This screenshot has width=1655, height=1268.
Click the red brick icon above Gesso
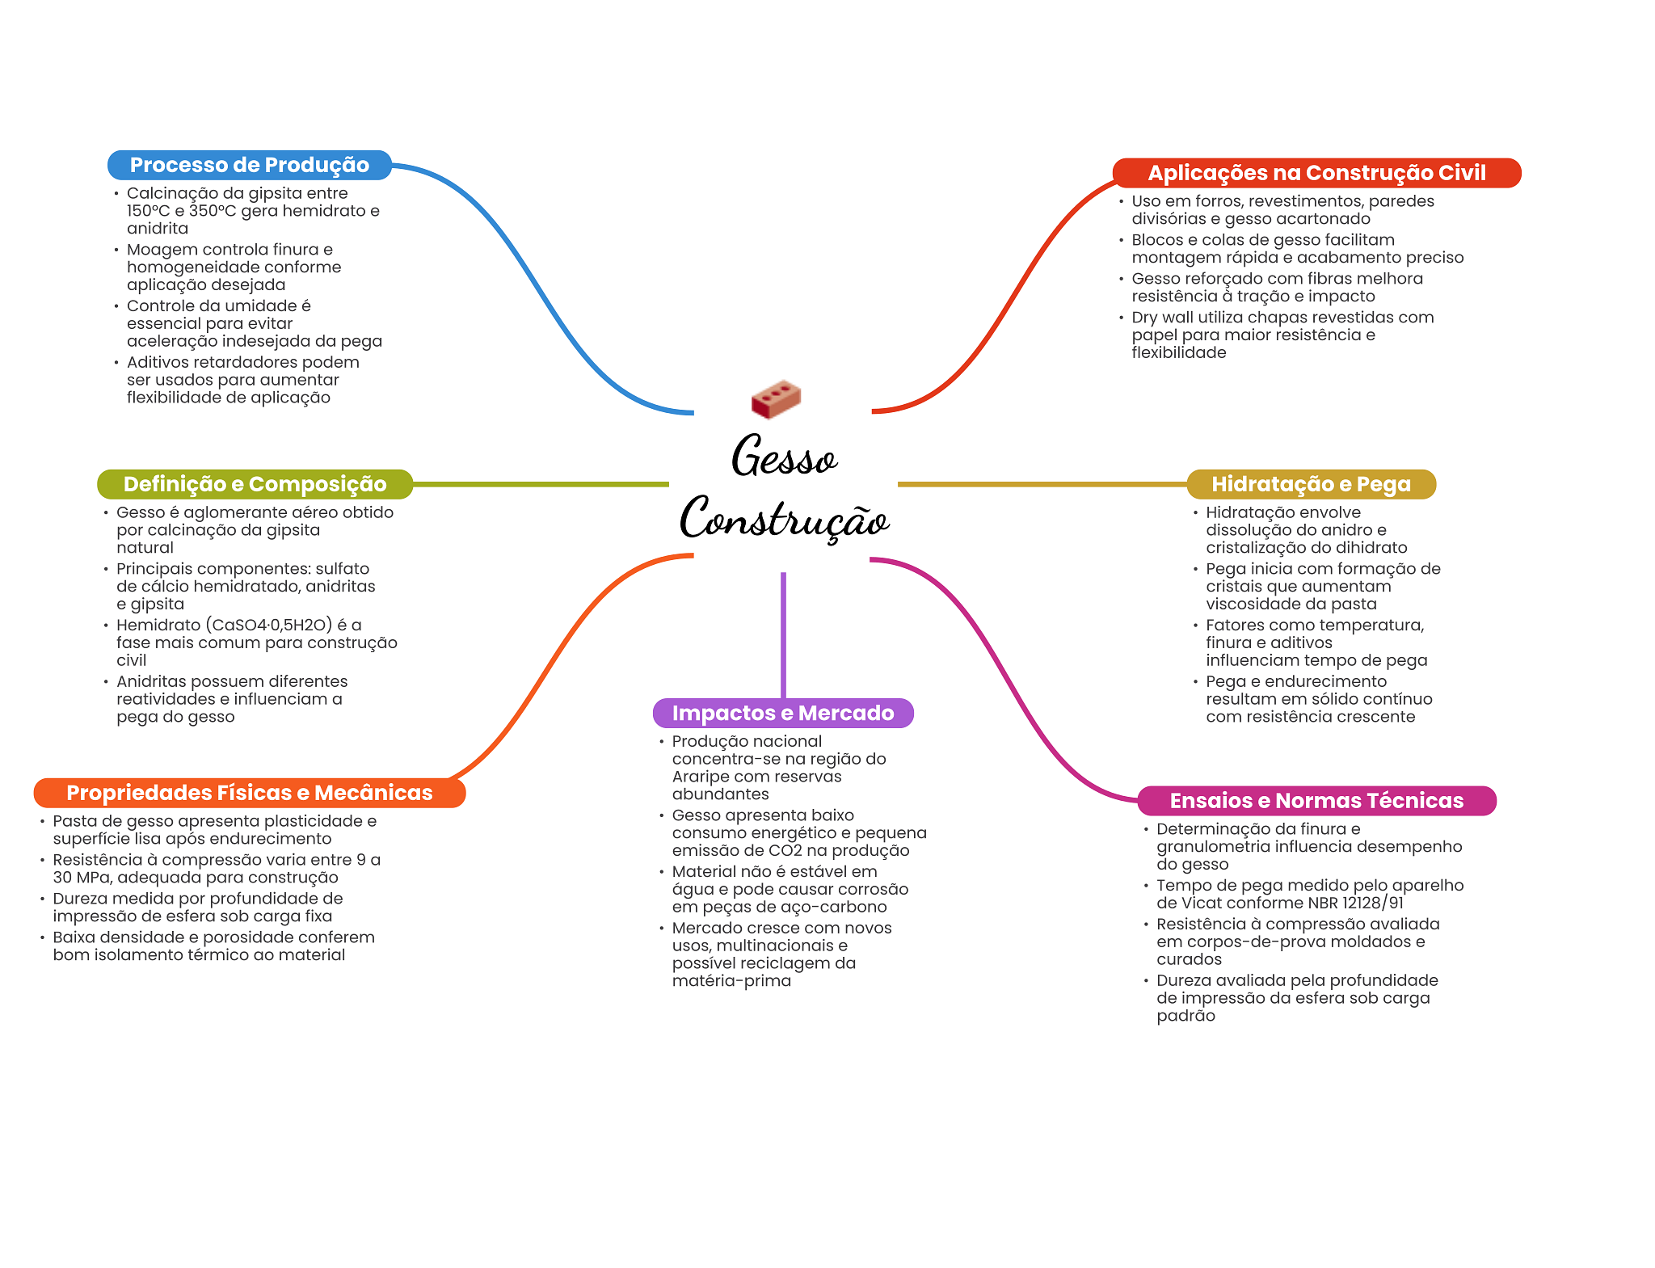click(x=776, y=398)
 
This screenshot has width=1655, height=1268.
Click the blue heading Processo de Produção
click(x=249, y=165)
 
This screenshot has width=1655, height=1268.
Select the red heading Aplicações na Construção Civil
click(x=1316, y=173)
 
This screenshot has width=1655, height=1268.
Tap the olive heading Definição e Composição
click(x=255, y=484)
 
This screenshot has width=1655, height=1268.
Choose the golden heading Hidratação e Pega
click(x=1311, y=484)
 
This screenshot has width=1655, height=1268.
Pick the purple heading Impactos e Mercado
click(x=783, y=713)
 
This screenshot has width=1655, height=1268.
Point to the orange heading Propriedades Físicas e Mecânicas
click(x=249, y=793)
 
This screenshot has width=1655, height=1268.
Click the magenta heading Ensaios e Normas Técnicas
click(x=1316, y=801)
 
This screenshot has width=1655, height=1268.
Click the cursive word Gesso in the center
click(x=784, y=457)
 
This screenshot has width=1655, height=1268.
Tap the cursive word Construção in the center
click(x=784, y=519)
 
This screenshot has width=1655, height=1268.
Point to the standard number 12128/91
click(x=1373, y=903)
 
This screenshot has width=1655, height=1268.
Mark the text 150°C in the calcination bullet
click(x=148, y=211)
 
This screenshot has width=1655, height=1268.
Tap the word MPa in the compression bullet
click(x=93, y=878)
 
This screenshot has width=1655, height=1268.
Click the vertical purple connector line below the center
click(x=783, y=634)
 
